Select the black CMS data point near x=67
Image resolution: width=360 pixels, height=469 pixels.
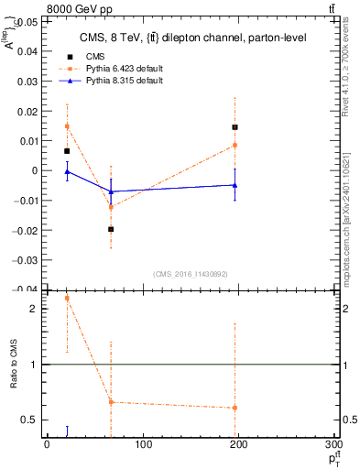pos(111,229)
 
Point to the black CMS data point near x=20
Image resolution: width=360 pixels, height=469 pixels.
pos(67,150)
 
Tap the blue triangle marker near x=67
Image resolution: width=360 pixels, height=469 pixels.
pos(111,191)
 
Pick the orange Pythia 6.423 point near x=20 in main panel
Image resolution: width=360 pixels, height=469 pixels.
pos(67,126)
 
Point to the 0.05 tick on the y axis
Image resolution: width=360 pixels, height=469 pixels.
pos(27,22)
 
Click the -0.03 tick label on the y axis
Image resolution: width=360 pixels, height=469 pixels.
pos(25,259)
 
